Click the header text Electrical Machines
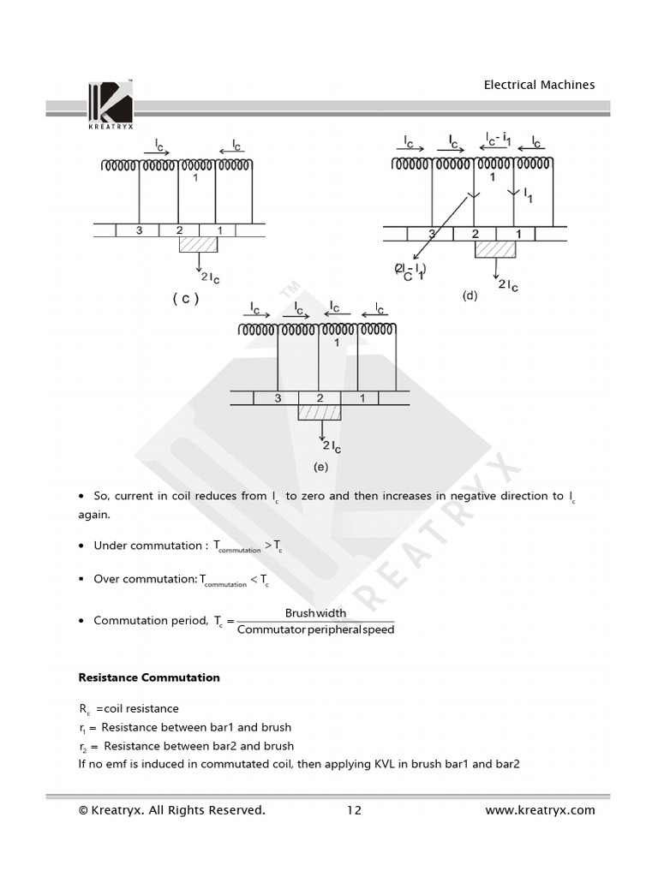(x=539, y=85)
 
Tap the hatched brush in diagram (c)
(x=198, y=244)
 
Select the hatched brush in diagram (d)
(x=495, y=249)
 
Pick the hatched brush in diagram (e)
(x=319, y=413)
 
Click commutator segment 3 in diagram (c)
(x=140, y=230)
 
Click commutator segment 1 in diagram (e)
(x=362, y=398)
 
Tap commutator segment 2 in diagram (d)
(x=474, y=234)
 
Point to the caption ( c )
(x=185, y=299)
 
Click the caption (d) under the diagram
(x=470, y=295)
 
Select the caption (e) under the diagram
(x=320, y=467)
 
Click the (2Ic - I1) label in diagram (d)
(x=410, y=271)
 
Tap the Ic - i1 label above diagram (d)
(x=500, y=139)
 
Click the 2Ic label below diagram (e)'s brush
(x=332, y=446)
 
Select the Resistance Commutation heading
(x=149, y=677)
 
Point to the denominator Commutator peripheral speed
(x=315, y=630)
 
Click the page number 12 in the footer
(x=355, y=810)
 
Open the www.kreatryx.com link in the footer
(x=540, y=810)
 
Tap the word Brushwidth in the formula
(x=315, y=613)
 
